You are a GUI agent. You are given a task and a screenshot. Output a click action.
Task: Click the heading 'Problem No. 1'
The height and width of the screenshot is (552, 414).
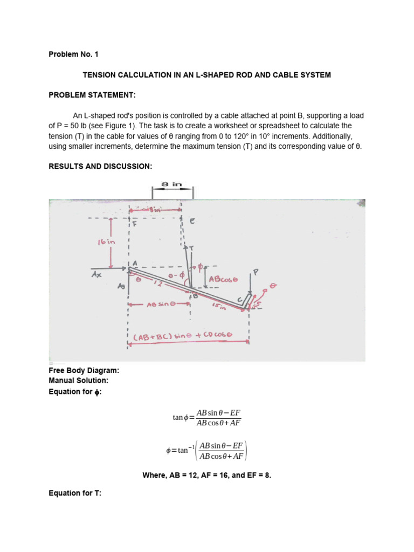point(73,54)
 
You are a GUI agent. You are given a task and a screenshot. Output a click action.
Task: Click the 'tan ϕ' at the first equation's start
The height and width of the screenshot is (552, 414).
point(178,418)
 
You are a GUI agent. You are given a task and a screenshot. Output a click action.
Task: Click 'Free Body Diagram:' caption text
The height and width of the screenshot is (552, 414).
point(84,371)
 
